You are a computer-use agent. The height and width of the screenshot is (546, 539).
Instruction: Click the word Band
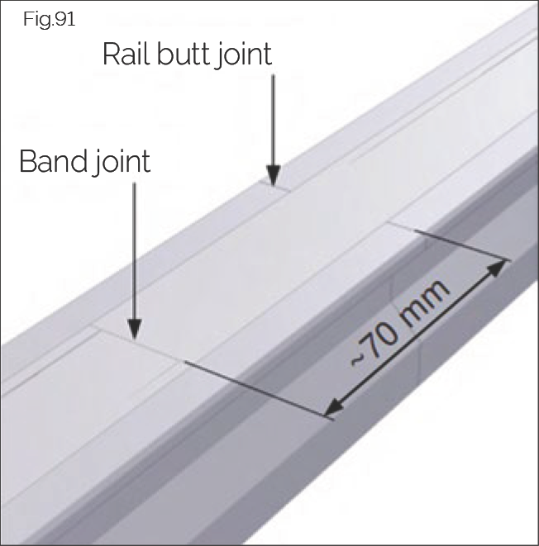(x=51, y=161)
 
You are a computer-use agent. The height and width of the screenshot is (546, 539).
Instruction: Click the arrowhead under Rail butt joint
(x=273, y=176)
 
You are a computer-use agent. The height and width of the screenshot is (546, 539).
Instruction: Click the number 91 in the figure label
(x=64, y=20)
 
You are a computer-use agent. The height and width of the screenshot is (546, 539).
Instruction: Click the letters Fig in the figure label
(x=36, y=20)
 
